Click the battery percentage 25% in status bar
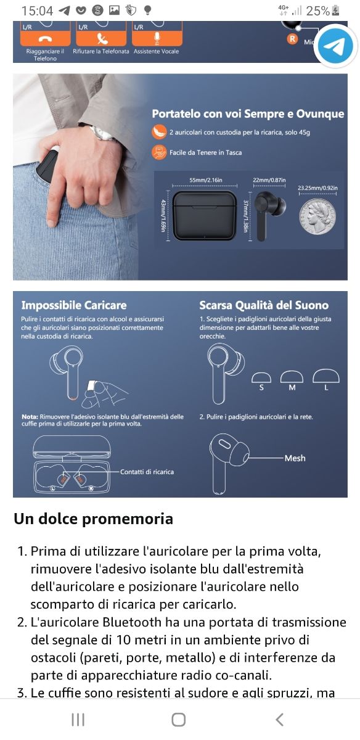click(x=317, y=10)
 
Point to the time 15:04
click(x=37, y=10)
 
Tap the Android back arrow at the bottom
click(x=279, y=719)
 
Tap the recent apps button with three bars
click(x=78, y=719)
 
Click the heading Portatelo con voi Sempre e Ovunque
click(x=248, y=114)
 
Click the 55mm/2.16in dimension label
click(x=206, y=180)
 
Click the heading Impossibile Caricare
click(x=74, y=305)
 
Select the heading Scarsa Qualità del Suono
click(x=264, y=305)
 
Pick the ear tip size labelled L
click(x=326, y=387)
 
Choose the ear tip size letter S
click(x=261, y=387)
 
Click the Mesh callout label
click(x=295, y=458)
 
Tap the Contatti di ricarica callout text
click(x=147, y=472)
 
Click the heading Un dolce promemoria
click(x=93, y=519)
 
